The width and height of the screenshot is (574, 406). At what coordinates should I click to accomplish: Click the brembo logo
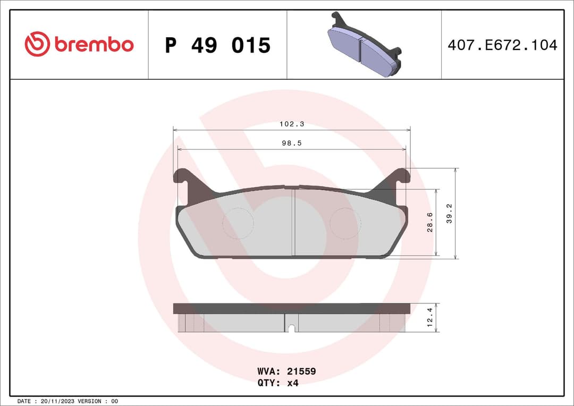(79, 45)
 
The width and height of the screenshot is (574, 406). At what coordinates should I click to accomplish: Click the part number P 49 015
(217, 46)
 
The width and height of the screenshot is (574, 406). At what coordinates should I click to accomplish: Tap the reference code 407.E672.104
(502, 45)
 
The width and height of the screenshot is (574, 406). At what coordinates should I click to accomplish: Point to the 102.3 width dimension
(292, 124)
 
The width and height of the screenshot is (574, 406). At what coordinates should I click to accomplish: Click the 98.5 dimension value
(292, 143)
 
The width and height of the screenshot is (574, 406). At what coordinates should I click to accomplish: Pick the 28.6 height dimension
(430, 222)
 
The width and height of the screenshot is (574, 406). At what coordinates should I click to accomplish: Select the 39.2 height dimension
(449, 213)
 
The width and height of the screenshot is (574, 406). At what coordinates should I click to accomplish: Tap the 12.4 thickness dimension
(430, 318)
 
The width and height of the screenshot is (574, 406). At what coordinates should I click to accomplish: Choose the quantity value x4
(292, 383)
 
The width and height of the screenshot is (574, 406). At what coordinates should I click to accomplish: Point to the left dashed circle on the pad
(238, 223)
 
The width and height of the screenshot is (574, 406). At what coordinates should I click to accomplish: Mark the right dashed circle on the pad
(345, 223)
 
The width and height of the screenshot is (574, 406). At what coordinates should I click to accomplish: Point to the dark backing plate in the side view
(292, 308)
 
